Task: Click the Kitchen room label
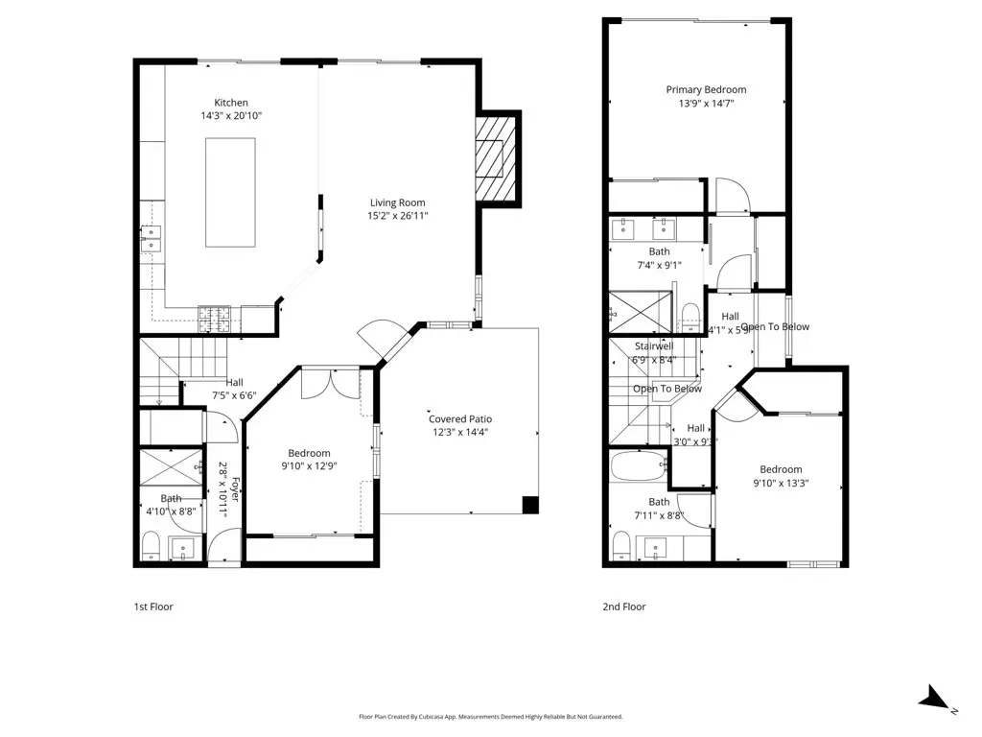230,103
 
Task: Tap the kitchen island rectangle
230,192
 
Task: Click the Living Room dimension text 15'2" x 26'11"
398,216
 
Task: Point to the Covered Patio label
460,418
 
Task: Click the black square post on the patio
530,504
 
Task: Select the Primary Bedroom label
706,89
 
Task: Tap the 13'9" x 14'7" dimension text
706,104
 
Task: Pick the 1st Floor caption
153,606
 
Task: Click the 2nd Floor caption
623,606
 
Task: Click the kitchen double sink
151,238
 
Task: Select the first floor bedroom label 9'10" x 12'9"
309,466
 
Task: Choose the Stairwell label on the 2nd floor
654,346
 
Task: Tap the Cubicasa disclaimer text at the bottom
490,717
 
